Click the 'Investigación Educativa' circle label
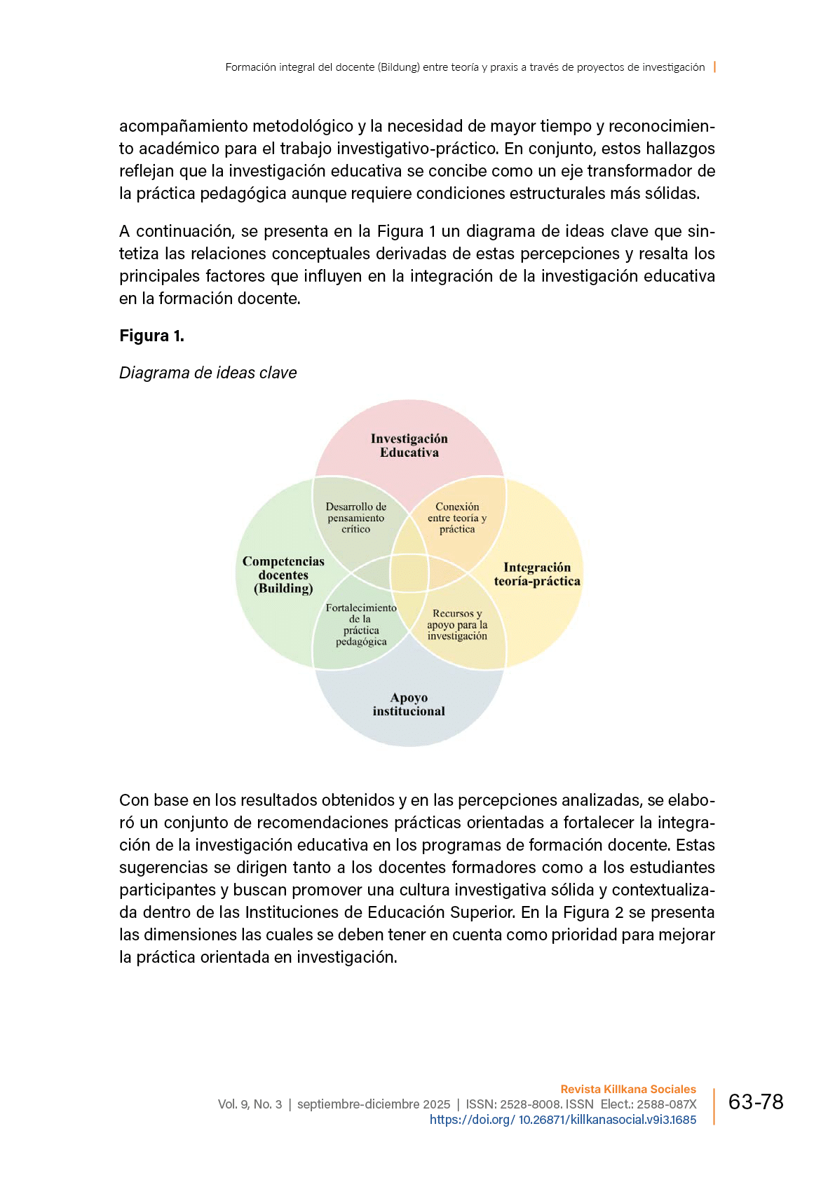coord(409,446)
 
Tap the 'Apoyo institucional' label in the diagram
coord(409,704)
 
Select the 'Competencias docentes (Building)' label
coord(283,575)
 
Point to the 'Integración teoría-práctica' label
coord(537,574)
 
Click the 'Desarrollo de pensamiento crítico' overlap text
coord(356,518)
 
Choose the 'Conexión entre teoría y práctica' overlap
coord(457,518)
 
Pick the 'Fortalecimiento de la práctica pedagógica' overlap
coord(361,624)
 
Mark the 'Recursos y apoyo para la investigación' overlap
coord(457,624)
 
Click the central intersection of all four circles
coord(409,573)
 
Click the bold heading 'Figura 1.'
coord(151,336)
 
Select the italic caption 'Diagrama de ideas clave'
coord(208,373)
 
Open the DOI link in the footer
coord(563,1120)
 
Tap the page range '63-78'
coord(756,1102)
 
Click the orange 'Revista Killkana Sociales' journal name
coord(628,1089)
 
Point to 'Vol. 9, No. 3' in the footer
coord(250,1104)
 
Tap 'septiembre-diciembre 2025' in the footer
coord(374,1104)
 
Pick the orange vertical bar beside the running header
coord(714,67)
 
